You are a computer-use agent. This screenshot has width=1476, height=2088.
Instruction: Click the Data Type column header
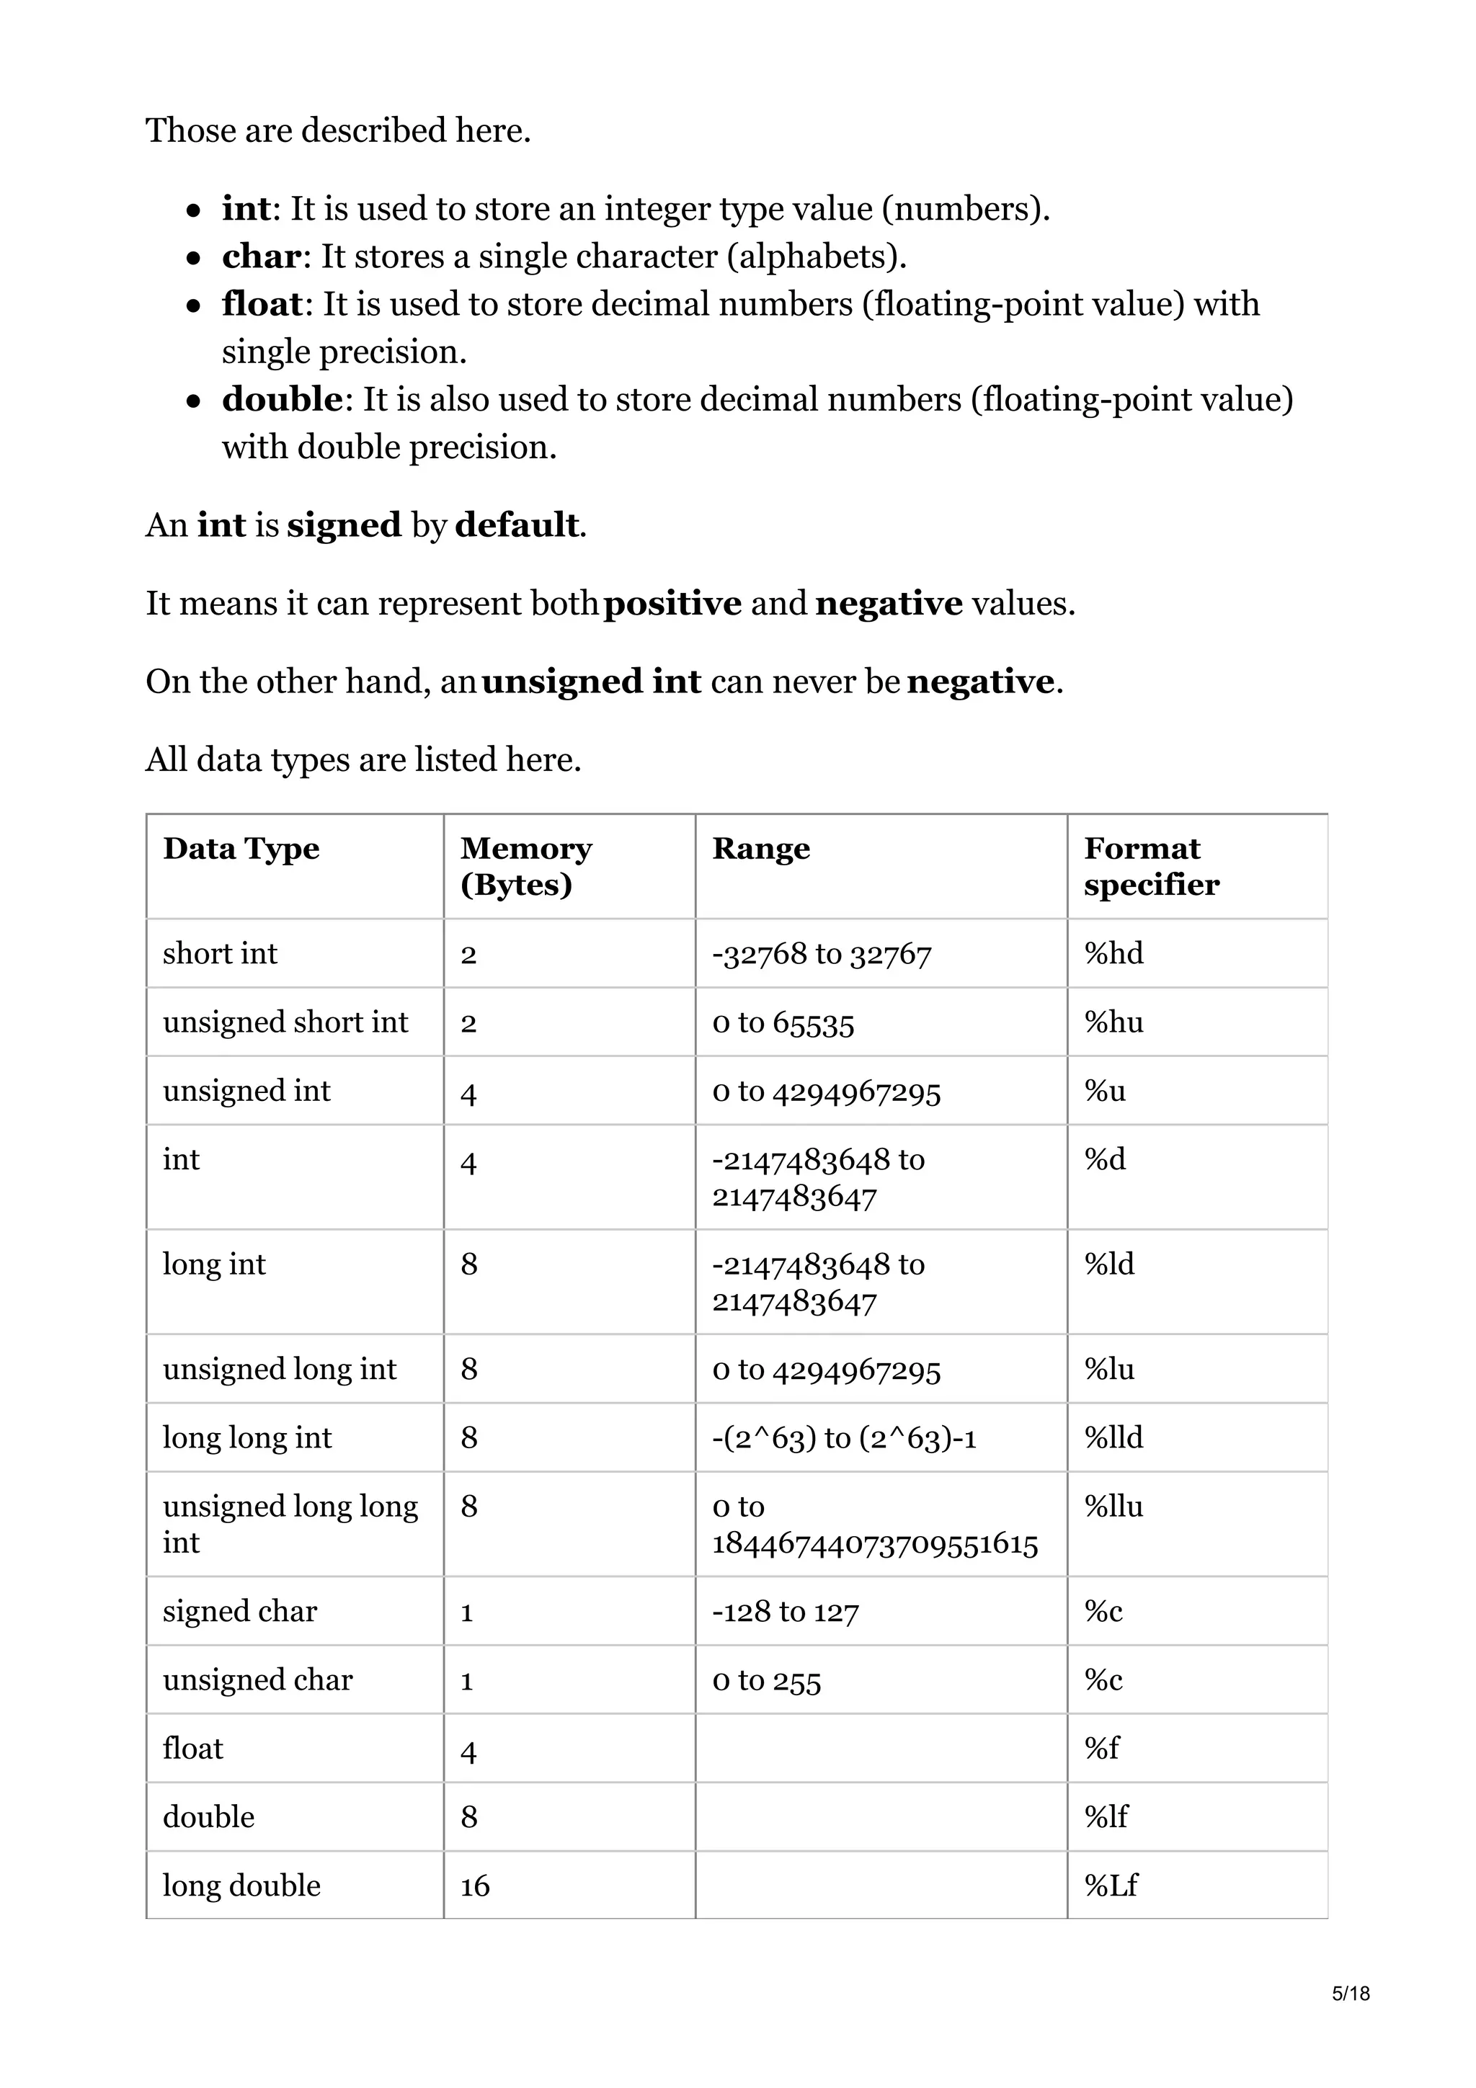click(x=241, y=849)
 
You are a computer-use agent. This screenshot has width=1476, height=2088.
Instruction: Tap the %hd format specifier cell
click(x=1113, y=953)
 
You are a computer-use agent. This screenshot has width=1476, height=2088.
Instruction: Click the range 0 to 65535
click(x=783, y=1022)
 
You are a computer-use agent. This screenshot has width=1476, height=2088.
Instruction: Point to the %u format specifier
click(x=1104, y=1090)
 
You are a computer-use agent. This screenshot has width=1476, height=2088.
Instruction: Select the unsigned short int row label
click(x=285, y=1022)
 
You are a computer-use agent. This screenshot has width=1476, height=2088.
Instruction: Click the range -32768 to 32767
click(x=821, y=953)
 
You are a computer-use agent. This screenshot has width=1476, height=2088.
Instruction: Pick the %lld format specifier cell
click(x=1113, y=1437)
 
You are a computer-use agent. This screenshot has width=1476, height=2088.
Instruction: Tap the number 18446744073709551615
click(x=874, y=1543)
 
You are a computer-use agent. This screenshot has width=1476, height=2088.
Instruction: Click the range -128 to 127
click(x=785, y=1612)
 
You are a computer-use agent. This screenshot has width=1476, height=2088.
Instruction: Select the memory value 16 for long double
click(x=475, y=1886)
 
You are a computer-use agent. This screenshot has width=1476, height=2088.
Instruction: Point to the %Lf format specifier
click(x=1111, y=1886)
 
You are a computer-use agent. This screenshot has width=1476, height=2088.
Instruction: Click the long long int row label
click(x=247, y=1437)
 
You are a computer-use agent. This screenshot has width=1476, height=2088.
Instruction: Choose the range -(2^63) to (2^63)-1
click(x=844, y=1437)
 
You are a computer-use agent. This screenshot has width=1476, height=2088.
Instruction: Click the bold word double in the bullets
click(x=282, y=399)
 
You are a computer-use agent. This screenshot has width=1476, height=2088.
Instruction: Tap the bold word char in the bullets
click(x=261, y=256)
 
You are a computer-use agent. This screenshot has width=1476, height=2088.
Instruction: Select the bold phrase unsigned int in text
click(x=591, y=681)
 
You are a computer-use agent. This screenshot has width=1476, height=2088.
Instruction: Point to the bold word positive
click(x=672, y=603)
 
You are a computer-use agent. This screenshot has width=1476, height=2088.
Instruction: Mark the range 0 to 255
click(x=767, y=1681)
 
